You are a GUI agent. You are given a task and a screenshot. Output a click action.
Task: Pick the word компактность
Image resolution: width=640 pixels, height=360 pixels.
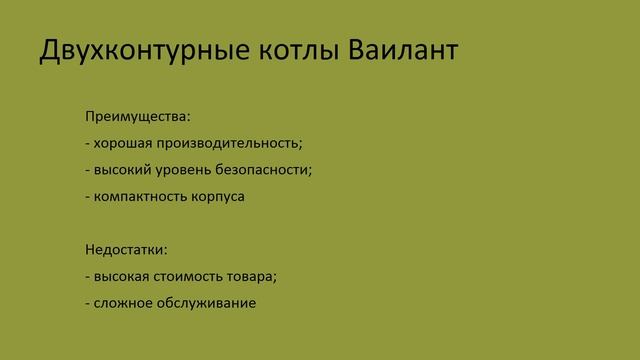[135, 196]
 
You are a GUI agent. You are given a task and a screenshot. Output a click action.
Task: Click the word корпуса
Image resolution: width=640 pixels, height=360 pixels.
[213, 196]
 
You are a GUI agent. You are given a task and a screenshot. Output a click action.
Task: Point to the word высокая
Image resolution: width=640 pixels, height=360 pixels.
[122, 275]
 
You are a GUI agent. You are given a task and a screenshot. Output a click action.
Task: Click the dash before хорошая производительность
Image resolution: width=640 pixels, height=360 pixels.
[87, 143]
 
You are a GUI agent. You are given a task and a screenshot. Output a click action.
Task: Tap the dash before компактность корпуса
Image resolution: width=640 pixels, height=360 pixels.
[87, 197]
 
